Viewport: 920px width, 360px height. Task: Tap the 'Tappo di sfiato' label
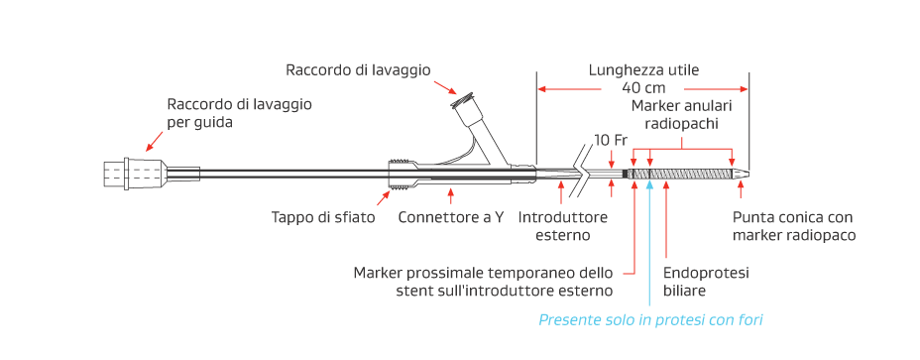pyautogui.click(x=323, y=217)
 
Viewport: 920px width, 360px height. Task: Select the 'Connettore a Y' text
pyautogui.click(x=450, y=217)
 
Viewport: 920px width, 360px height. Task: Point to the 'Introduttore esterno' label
pyautogui.click(x=554, y=226)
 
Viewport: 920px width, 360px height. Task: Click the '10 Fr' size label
pyautogui.click(x=611, y=139)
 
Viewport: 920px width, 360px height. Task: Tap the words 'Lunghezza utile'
pyautogui.click(x=643, y=70)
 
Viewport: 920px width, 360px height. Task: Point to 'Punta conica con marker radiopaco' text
pyautogui.click(x=793, y=226)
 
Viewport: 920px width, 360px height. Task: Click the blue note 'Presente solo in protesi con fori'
pyautogui.click(x=650, y=319)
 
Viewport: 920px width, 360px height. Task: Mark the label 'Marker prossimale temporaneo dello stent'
pyautogui.click(x=483, y=281)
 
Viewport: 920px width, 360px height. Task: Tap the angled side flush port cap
pyautogui.click(x=462, y=102)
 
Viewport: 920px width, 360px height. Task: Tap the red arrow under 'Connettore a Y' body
pyautogui.click(x=451, y=194)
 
